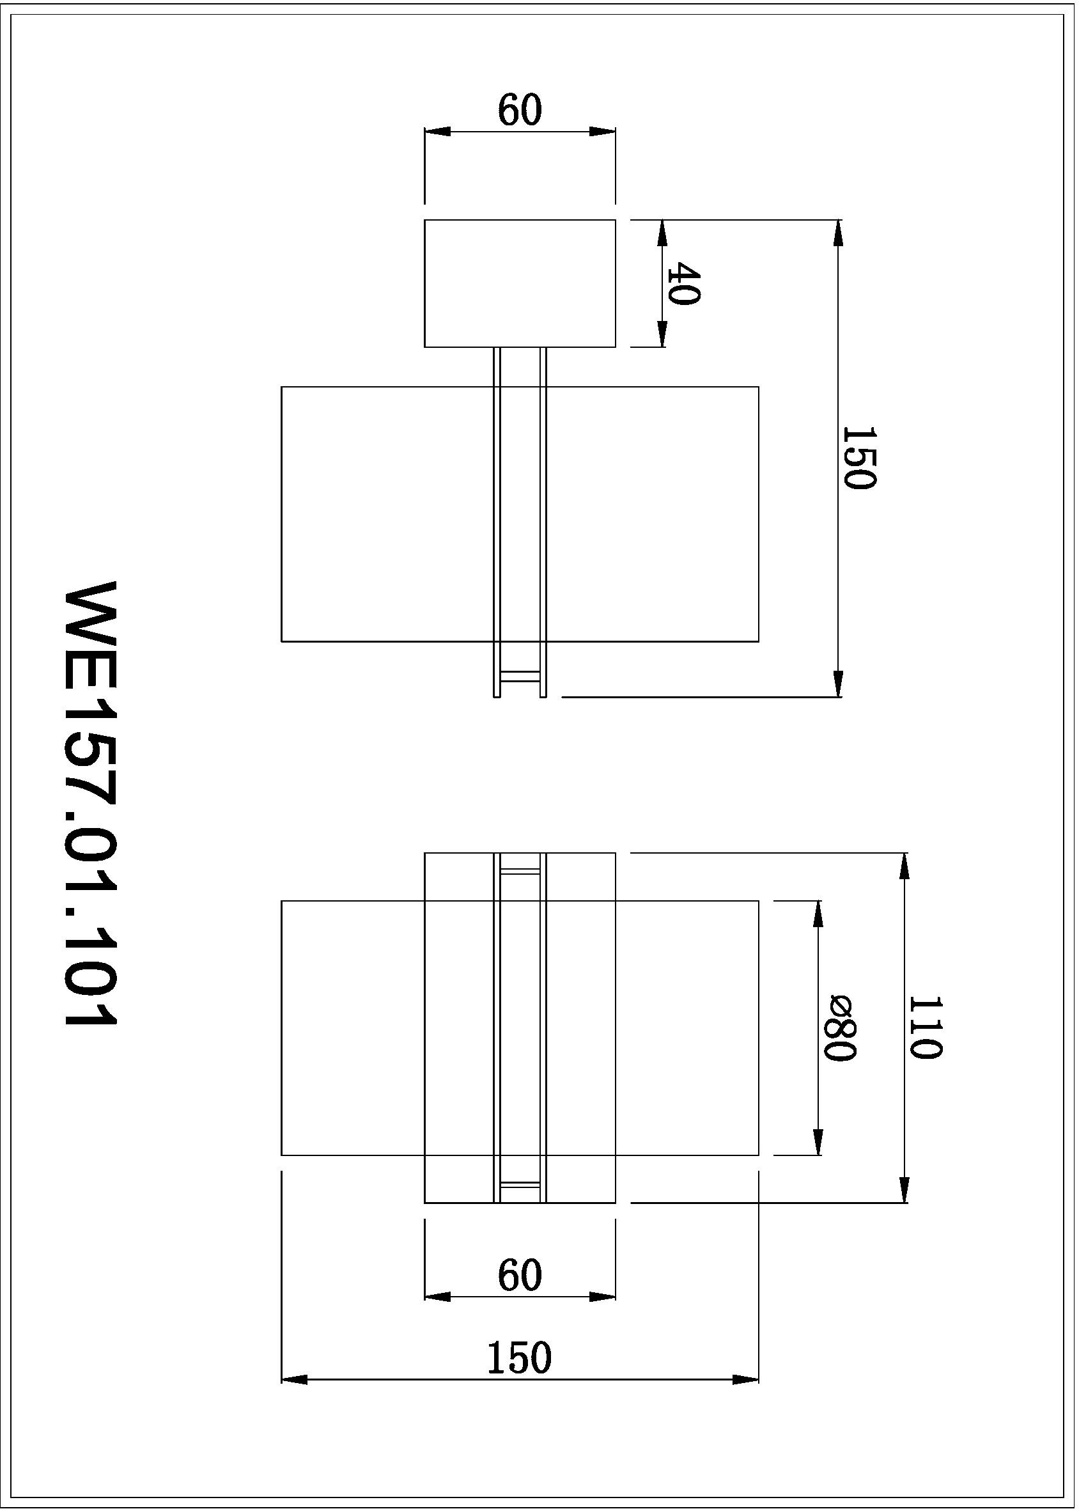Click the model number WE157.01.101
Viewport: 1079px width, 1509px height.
click(91, 804)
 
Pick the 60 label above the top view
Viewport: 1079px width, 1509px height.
click(520, 111)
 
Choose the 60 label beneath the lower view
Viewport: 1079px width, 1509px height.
click(520, 1275)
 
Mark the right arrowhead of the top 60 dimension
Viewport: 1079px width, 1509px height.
click(603, 132)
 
